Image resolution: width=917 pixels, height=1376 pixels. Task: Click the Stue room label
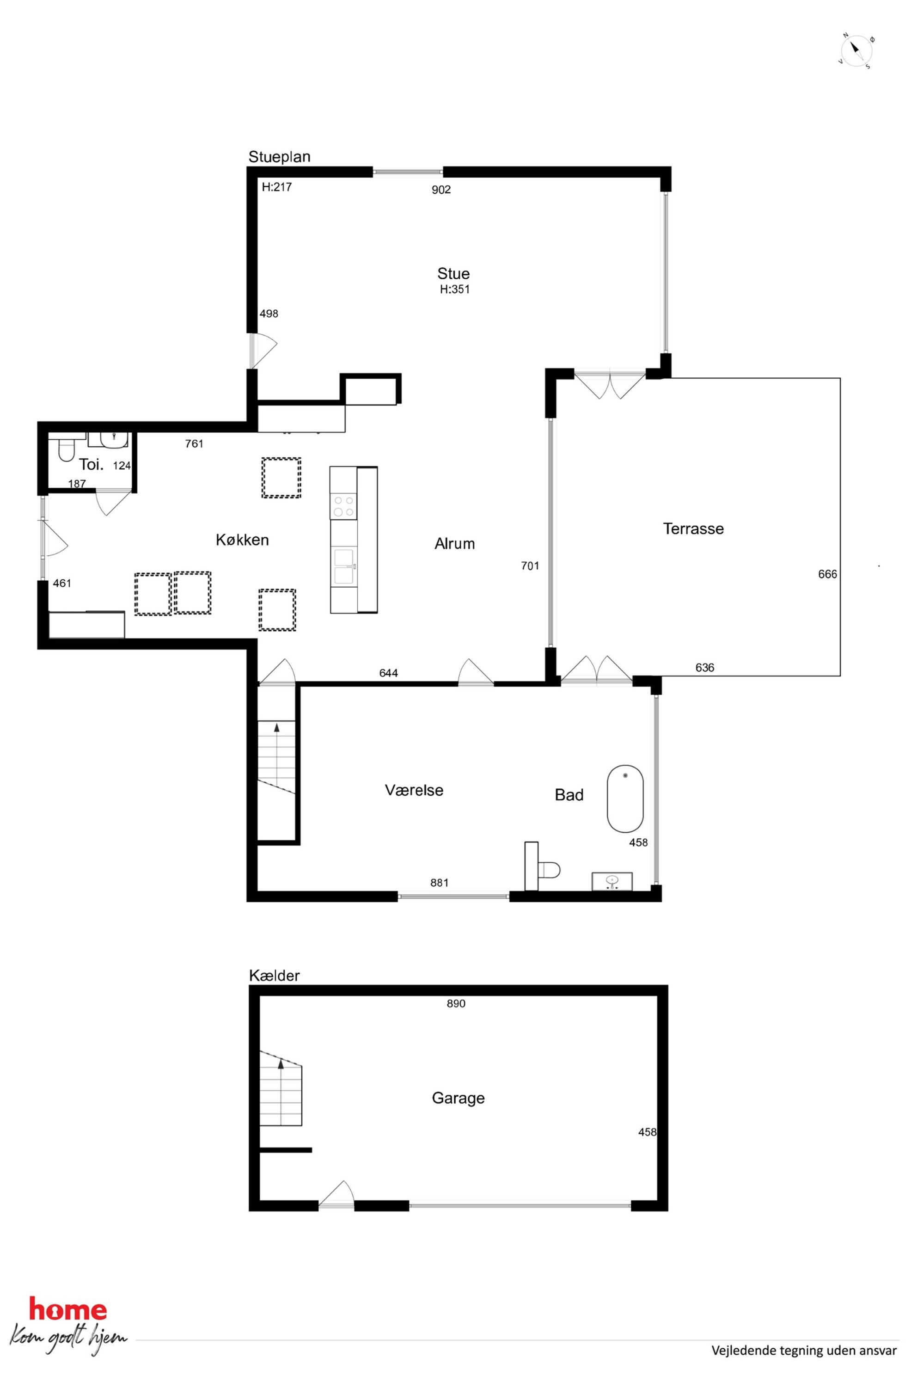(453, 273)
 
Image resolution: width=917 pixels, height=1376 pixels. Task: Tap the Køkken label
(242, 540)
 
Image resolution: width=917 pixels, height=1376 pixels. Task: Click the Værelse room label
(414, 790)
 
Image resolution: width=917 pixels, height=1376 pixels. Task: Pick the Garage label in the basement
(458, 1098)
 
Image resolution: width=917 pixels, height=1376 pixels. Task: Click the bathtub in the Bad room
(625, 798)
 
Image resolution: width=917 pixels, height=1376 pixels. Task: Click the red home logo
(68, 1310)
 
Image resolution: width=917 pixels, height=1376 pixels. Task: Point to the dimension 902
(441, 190)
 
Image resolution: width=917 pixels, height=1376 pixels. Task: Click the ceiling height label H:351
(454, 289)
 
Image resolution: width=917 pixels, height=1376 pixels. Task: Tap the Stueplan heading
(279, 157)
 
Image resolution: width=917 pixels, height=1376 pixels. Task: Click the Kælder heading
(274, 975)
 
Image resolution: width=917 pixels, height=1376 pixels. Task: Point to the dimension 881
(439, 883)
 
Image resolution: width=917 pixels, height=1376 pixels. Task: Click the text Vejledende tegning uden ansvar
(804, 1362)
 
